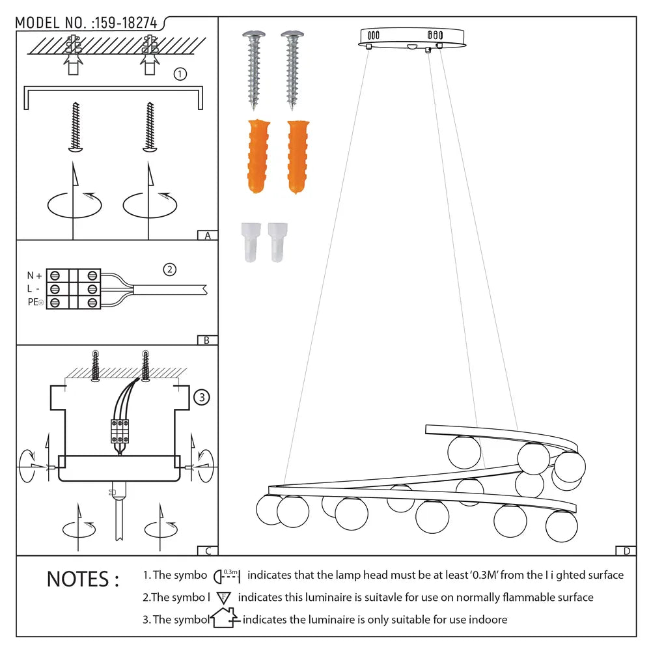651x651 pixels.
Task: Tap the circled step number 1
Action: coord(180,74)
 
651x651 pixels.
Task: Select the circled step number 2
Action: coord(169,269)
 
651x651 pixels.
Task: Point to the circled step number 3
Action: coord(202,396)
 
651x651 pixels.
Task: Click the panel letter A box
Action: coord(207,236)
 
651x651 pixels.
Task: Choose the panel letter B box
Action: coord(206,340)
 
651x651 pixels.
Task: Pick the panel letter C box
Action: coord(207,551)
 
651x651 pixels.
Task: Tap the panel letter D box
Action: coord(626,551)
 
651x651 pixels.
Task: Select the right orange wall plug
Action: coord(298,156)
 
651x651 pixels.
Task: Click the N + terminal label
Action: coord(34,275)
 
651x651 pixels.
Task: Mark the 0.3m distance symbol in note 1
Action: coord(228,575)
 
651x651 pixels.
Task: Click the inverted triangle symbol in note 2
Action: coord(224,598)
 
